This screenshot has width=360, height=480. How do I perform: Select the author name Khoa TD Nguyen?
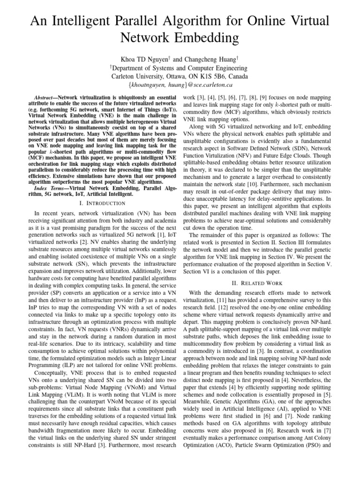(x=144, y=60)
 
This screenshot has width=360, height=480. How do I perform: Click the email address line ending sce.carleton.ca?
(x=180, y=85)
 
